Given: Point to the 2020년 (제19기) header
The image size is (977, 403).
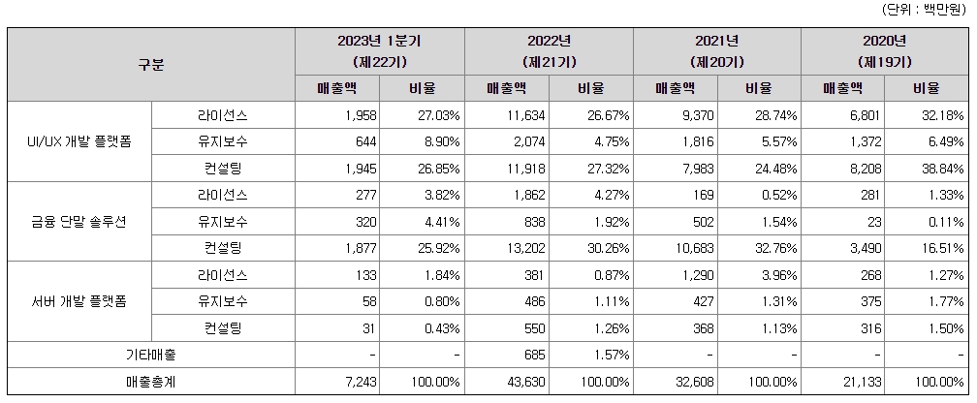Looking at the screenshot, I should [884, 51].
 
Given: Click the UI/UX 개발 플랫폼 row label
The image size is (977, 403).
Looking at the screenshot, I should [79, 140].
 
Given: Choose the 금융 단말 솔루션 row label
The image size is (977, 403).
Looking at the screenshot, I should [79, 221].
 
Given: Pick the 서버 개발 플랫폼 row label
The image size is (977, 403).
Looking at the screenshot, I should [79, 301].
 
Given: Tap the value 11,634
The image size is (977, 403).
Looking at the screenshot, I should [523, 114].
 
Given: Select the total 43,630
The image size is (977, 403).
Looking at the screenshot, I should [523, 382].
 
